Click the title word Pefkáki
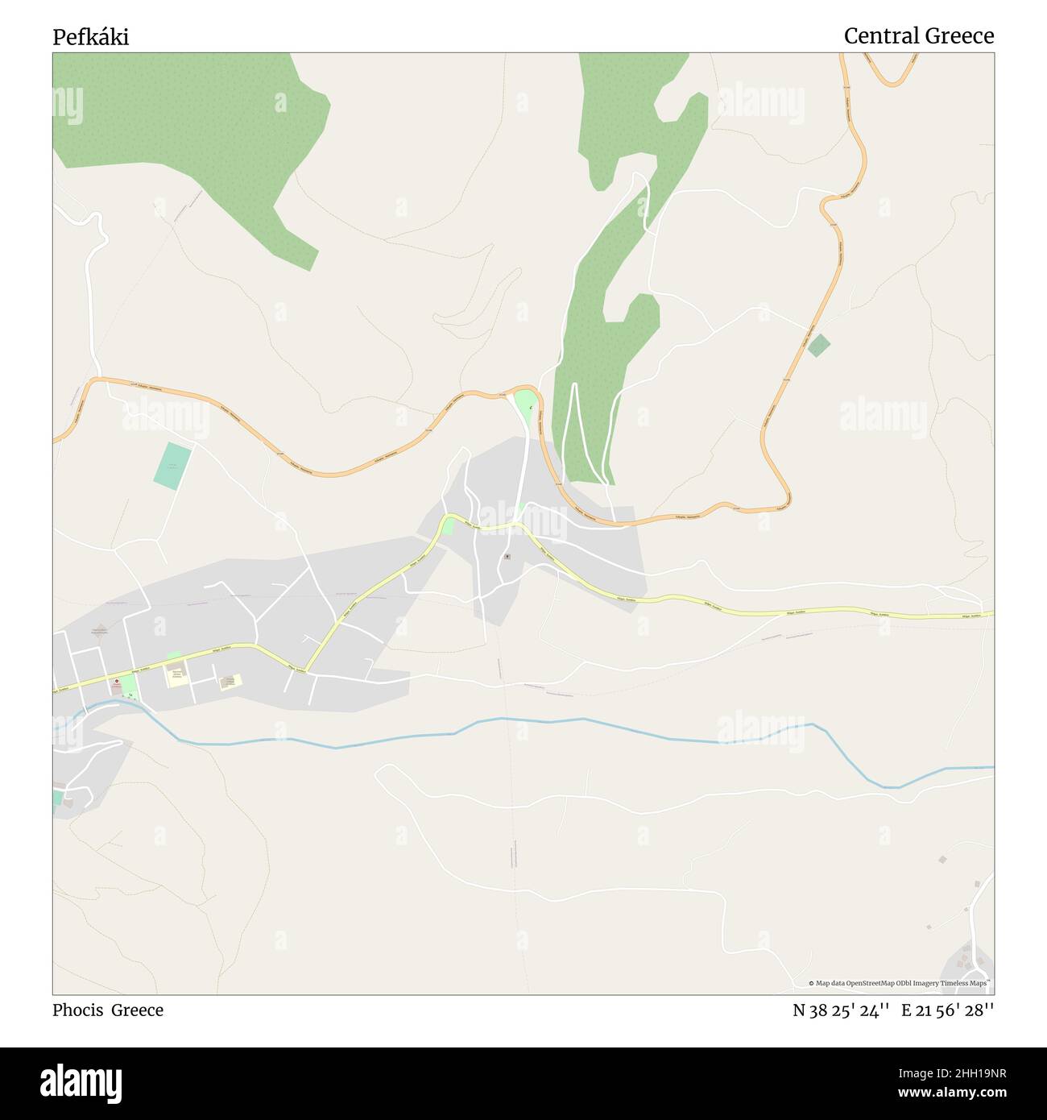click(x=90, y=37)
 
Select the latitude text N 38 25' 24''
click(x=841, y=1010)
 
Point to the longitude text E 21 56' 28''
click(x=947, y=1010)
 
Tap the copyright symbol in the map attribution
click(x=811, y=983)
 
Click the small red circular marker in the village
click(x=116, y=682)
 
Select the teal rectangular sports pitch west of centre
click(x=173, y=466)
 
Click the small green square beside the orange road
click(x=819, y=346)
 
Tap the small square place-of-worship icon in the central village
click(x=507, y=556)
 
